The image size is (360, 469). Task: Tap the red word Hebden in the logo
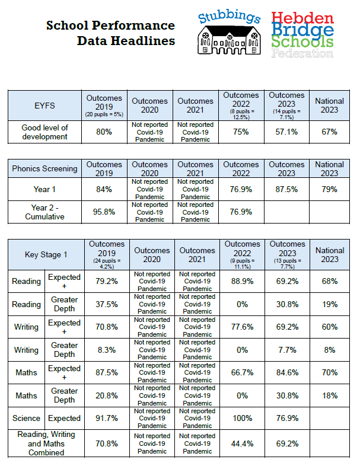tap(302, 18)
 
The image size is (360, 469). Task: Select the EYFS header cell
tap(44, 106)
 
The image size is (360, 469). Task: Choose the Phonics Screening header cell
tap(44, 168)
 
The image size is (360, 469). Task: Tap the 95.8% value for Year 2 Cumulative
tap(104, 212)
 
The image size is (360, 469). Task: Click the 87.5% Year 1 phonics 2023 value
tap(287, 189)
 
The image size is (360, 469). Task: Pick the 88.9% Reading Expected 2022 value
tap(242, 282)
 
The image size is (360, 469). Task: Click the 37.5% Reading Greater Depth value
tap(104, 304)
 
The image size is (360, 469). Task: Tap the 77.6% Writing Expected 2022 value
tap(242, 327)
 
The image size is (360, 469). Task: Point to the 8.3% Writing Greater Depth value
tap(104, 350)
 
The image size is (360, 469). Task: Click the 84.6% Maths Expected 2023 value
tap(287, 373)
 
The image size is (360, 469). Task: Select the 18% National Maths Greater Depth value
tap(329, 395)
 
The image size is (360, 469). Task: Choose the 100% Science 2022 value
tap(242, 419)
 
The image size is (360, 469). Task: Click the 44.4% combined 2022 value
tap(242, 444)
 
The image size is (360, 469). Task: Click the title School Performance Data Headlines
tap(110, 33)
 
